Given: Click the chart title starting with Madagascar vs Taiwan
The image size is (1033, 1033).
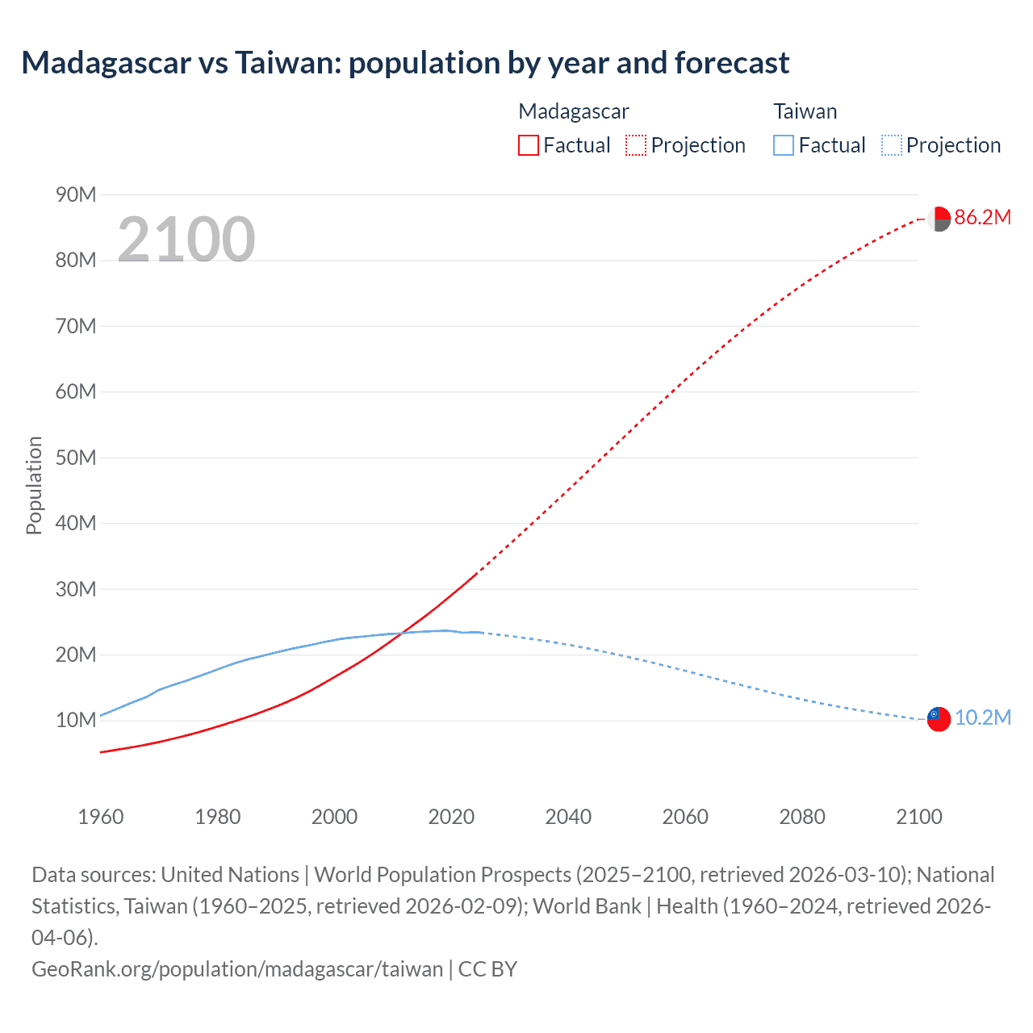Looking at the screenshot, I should [x=405, y=63].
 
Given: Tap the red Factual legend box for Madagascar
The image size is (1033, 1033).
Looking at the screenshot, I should [x=528, y=145].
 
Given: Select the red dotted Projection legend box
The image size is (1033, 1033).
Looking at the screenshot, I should [x=636, y=145].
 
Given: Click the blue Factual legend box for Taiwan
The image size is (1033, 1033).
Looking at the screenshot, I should [x=783, y=145].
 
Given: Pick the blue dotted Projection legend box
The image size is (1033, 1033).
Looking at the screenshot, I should [x=891, y=145].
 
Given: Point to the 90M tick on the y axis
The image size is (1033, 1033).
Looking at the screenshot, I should [x=76, y=194].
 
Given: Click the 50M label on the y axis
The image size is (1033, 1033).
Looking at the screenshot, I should [x=76, y=458].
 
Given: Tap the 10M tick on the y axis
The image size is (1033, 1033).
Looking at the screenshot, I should [x=76, y=720].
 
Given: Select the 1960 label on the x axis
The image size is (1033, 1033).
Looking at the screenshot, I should [x=101, y=817].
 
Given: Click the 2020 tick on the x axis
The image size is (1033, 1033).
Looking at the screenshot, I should [x=451, y=817].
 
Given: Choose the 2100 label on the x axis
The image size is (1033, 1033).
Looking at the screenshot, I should [x=918, y=817].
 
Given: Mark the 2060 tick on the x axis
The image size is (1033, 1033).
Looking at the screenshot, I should [x=685, y=817].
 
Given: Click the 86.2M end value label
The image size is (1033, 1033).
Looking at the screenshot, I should [x=982, y=217].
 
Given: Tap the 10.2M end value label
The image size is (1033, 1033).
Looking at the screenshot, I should [x=982, y=718].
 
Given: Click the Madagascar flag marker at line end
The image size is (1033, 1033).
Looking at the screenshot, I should [x=939, y=219].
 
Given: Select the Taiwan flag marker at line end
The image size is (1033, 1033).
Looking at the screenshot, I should [x=939, y=719].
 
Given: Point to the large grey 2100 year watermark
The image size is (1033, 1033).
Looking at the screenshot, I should [x=186, y=240].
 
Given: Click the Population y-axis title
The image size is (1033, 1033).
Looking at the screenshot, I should [x=34, y=485].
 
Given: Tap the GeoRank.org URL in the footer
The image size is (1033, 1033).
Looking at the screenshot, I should [x=237, y=969].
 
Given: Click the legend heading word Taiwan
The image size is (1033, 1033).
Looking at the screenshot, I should [x=805, y=111].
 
